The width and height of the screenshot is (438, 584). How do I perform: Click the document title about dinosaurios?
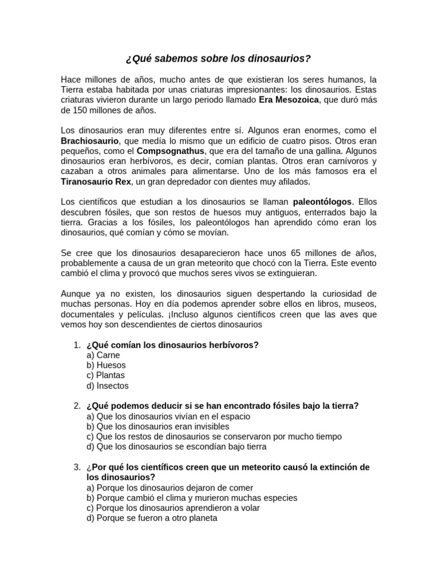[218, 59]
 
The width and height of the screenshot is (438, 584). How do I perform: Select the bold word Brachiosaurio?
[90, 140]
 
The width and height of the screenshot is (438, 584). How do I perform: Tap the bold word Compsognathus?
[171, 151]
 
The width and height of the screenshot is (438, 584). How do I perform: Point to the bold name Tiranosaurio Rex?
[96, 181]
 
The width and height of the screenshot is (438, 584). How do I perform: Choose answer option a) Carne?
[103, 355]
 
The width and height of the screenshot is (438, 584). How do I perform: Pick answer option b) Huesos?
[106, 366]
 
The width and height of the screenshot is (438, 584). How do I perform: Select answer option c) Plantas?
[106, 376]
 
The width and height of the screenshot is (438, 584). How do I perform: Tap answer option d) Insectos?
[107, 386]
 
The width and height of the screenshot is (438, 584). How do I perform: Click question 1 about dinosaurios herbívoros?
[172, 345]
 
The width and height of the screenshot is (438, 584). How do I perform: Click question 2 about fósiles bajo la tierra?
[222, 406]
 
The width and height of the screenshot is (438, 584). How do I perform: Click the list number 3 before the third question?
[76, 468]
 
